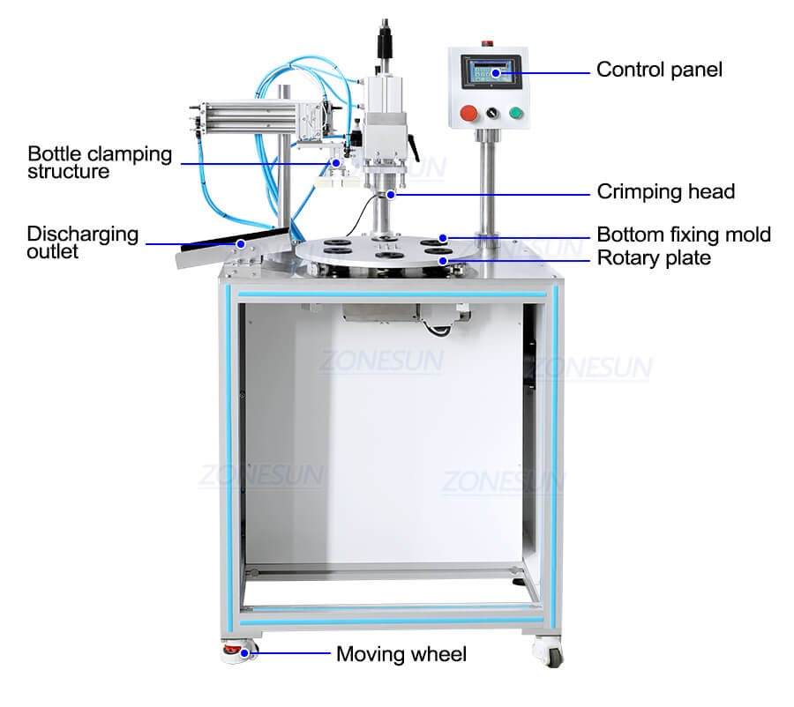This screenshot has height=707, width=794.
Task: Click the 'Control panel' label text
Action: coord(659,70)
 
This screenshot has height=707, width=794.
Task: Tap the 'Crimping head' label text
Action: coord(665,192)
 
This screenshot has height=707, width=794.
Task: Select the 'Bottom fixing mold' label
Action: coord(684,234)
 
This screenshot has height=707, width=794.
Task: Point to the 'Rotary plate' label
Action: coord(654,258)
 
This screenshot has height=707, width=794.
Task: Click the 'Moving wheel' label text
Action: coord(401,654)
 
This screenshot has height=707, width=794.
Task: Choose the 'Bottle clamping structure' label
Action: coord(100,162)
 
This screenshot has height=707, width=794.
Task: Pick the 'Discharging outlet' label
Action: coord(83,242)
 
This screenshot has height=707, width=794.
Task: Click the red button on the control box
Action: coord(468,114)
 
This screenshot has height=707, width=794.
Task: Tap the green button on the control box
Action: coord(515,112)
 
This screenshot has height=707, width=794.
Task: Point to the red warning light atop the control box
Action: coord(488,43)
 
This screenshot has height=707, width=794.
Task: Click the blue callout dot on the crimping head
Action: coord(391,194)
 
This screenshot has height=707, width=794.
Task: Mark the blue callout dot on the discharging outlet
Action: coord(241,244)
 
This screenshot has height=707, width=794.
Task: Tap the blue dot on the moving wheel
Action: coord(244,653)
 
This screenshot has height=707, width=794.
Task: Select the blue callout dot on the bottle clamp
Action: coord(335,163)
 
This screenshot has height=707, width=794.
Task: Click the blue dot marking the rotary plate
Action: coord(443,261)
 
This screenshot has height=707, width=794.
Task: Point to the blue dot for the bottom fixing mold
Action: coord(443,238)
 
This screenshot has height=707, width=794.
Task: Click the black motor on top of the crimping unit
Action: coord(385,40)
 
